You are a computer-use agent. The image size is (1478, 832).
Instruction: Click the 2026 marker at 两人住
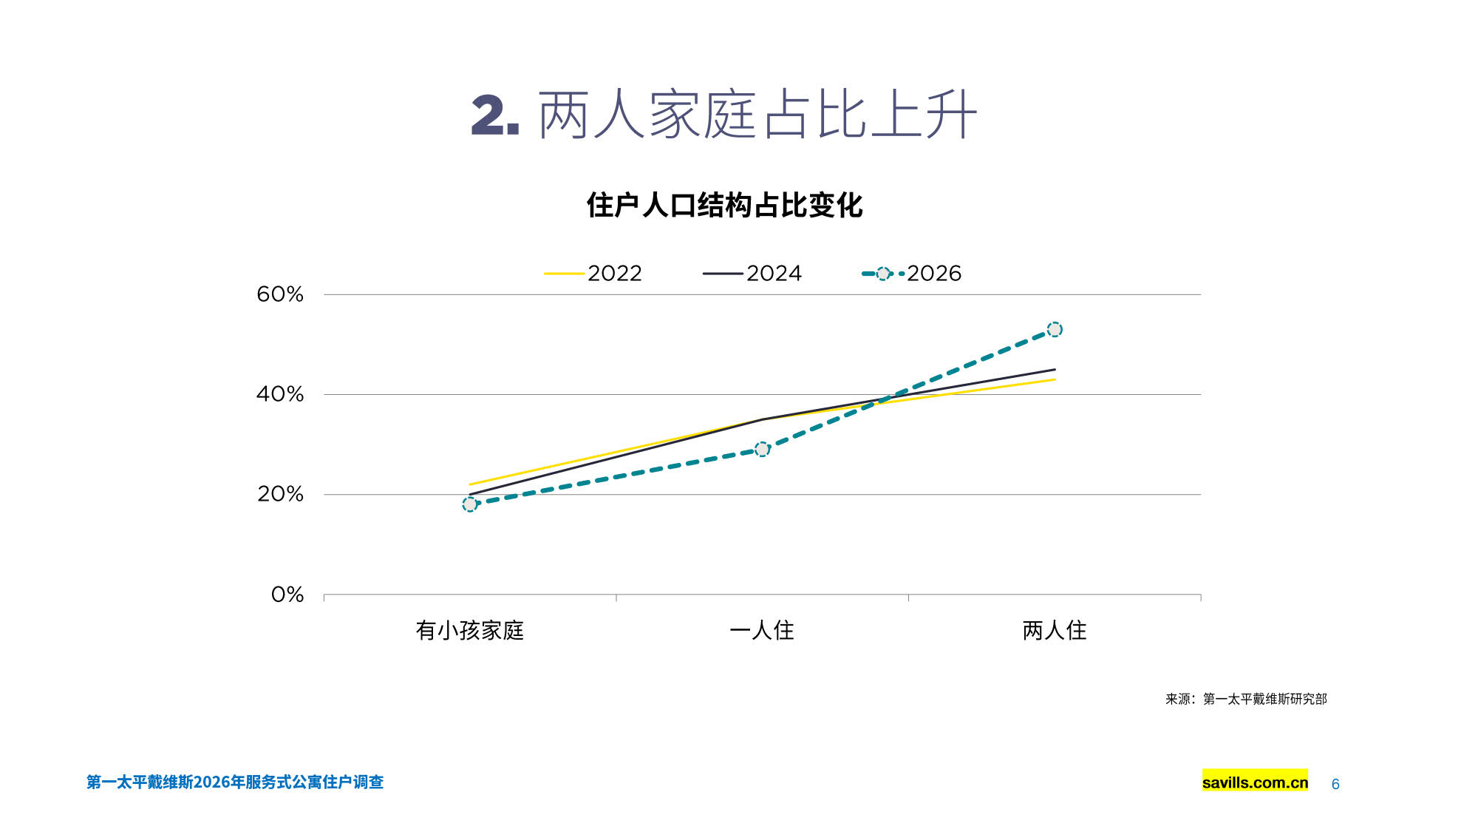pos(1055,329)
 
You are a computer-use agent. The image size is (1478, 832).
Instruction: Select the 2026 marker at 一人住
pos(762,449)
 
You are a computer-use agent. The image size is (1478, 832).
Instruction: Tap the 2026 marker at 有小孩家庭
pos(470,504)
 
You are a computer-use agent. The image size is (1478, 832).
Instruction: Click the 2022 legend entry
pos(593,274)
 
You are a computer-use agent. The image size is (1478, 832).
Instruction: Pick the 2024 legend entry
pos(752,274)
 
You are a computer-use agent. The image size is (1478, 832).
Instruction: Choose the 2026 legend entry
pos(912,274)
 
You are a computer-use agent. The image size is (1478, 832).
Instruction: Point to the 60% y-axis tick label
pos(280,294)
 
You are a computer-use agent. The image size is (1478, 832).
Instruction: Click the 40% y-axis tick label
pos(280,394)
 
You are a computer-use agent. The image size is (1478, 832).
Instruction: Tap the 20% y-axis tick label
pos(280,494)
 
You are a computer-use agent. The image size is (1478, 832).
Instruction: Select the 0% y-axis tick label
pos(287,595)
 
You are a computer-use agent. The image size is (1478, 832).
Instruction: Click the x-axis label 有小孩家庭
pos(470,630)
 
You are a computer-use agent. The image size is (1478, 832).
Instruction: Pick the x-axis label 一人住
pos(762,630)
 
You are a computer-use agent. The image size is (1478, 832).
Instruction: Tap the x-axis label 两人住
pos(1055,630)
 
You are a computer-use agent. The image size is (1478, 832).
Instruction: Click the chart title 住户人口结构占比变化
pos(724,205)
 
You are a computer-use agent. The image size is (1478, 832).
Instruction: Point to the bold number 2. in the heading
pos(494,115)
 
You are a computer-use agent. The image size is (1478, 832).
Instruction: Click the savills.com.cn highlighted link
pos(1255,782)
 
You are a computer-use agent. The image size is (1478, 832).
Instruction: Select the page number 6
pos(1335,784)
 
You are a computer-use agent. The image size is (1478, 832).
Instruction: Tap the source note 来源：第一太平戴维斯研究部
pos(1246,699)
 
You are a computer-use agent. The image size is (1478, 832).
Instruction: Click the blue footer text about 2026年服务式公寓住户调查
pos(235,782)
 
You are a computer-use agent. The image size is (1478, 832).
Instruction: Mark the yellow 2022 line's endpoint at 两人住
pos(1055,379)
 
